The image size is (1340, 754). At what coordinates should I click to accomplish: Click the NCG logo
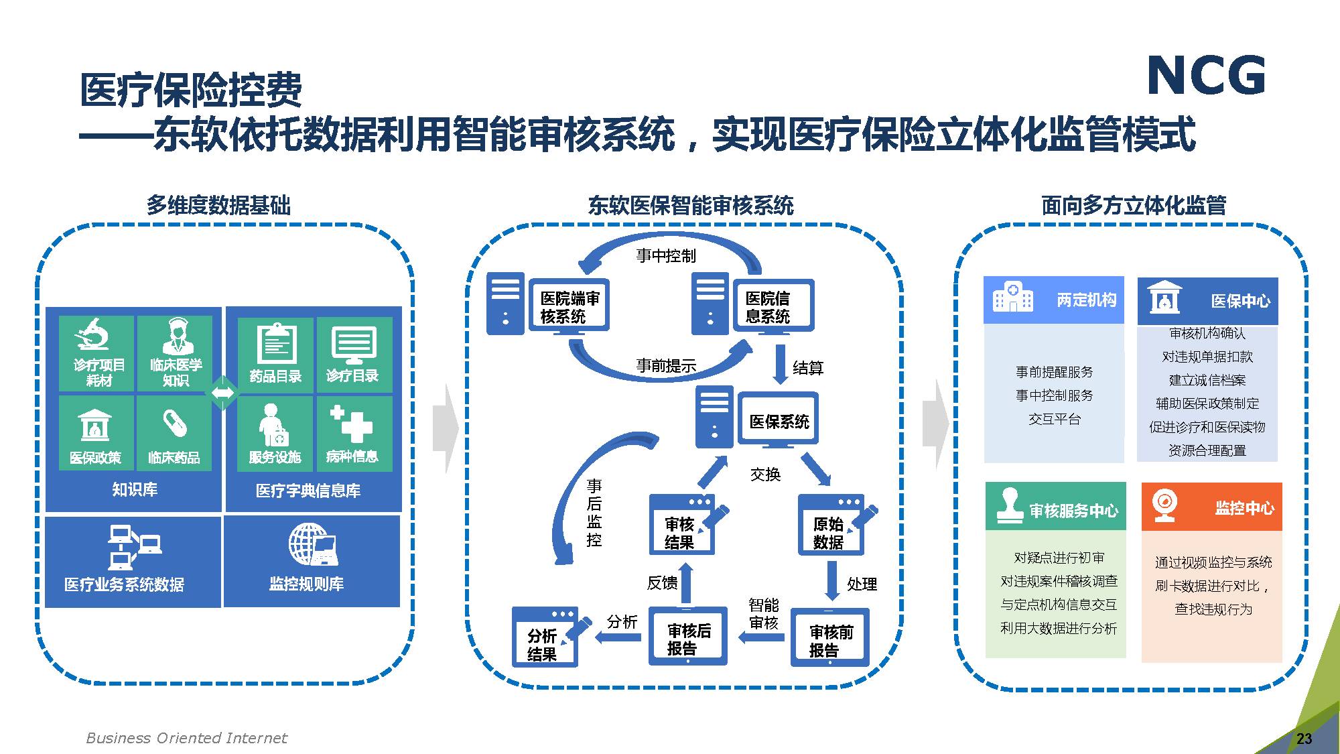1206,75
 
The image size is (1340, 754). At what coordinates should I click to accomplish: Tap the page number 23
1304,739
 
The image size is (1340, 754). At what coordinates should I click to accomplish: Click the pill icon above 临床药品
174,423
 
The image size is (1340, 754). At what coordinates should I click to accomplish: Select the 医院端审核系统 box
569,306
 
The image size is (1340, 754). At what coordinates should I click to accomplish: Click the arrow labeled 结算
780,365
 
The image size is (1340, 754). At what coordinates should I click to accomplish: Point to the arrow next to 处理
832,580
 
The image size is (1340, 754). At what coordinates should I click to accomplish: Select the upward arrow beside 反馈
685,582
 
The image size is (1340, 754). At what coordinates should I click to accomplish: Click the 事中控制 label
666,256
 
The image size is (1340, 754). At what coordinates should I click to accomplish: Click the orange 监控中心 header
1211,507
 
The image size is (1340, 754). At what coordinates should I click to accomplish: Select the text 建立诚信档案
1207,380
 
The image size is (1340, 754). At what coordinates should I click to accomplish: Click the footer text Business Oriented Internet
186,738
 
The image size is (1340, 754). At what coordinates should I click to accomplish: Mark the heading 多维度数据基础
218,205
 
